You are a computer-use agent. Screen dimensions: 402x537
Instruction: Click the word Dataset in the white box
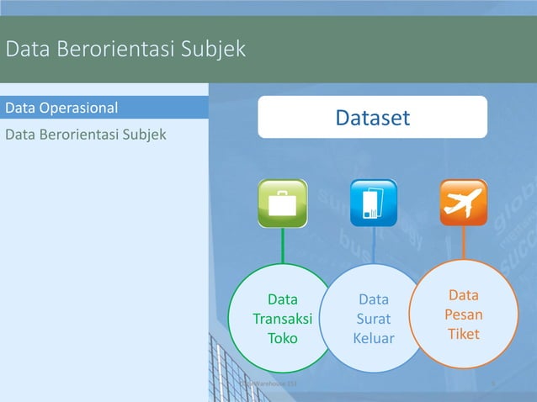[x=372, y=118]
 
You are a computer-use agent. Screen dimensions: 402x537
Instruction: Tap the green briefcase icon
[x=283, y=203]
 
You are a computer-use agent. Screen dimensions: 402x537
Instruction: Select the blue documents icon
[x=373, y=203]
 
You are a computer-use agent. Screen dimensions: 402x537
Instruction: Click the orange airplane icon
[x=463, y=203]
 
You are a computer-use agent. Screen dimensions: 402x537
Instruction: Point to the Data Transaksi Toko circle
[x=283, y=319]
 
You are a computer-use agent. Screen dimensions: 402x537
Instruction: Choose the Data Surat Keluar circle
[x=373, y=319]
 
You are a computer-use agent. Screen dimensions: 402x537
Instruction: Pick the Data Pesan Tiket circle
[x=464, y=315]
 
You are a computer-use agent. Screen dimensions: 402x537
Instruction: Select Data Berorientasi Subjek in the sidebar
[x=86, y=135]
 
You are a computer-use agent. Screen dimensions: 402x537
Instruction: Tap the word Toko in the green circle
[x=283, y=339]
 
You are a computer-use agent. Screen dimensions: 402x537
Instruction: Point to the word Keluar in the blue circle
[x=374, y=339]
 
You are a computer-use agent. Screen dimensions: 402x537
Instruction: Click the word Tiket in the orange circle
[x=464, y=334]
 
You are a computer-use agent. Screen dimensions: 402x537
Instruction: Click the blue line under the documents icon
[x=373, y=246]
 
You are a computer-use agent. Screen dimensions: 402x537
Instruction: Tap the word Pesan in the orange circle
[x=464, y=315]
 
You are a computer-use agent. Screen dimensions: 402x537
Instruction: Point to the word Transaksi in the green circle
[x=283, y=319]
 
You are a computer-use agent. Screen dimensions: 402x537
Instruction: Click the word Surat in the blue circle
[x=374, y=319]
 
